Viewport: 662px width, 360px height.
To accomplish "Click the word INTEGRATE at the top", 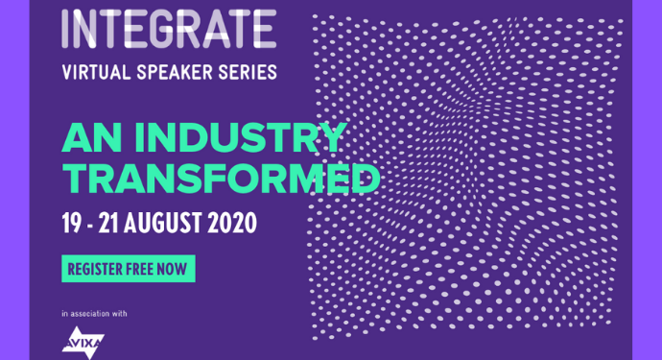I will [x=168, y=29].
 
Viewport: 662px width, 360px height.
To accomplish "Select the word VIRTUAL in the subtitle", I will [x=94, y=72].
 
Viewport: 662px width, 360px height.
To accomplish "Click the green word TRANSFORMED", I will [x=220, y=179].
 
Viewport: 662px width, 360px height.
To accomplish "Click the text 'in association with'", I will [x=94, y=314].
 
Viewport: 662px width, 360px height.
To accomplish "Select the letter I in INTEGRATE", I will [x=65, y=29].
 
